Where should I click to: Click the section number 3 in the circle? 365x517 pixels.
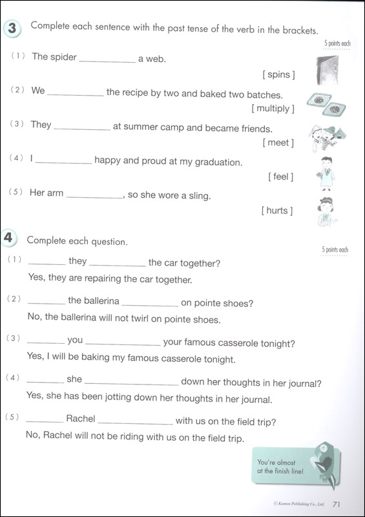[x=13, y=29]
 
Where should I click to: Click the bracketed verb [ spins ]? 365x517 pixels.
[x=279, y=75]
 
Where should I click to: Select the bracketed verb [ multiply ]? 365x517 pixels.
[x=273, y=108]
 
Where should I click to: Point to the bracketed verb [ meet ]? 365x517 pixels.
[x=278, y=142]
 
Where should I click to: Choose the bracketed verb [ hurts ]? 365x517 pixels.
[x=277, y=211]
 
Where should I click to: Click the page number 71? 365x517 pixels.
[x=337, y=504]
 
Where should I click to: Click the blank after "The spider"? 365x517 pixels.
[x=107, y=58]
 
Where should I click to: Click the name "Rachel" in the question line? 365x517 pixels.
[x=80, y=419]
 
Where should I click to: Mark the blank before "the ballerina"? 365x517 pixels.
[x=47, y=301]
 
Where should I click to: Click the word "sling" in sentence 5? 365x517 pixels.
[x=198, y=195]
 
